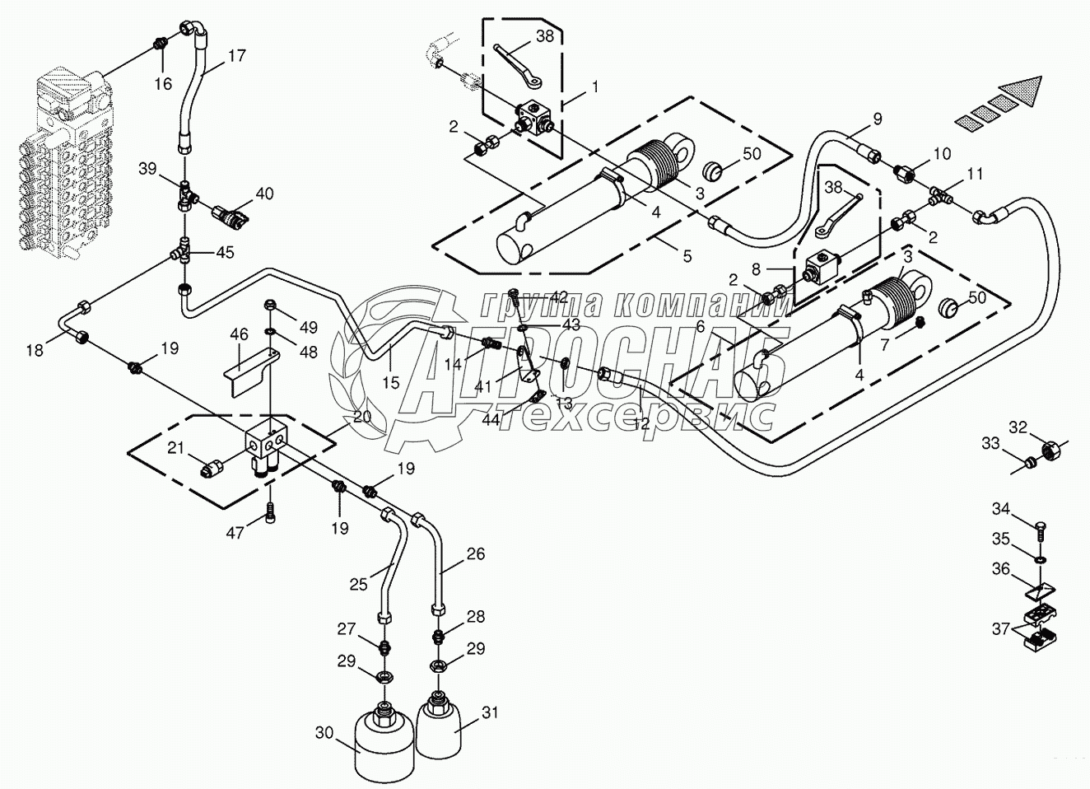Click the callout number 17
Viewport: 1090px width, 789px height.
tap(236, 56)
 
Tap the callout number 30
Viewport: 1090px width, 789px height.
tap(324, 733)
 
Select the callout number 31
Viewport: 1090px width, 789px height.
tap(490, 712)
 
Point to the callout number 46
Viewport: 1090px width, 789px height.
tap(239, 334)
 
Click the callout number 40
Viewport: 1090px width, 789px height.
tap(264, 194)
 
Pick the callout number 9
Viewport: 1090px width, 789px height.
tap(878, 119)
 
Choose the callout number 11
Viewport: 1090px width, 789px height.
tap(975, 174)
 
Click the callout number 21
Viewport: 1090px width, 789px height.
tap(175, 447)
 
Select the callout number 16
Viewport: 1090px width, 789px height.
tap(164, 84)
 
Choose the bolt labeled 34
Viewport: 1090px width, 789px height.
tap(1042, 533)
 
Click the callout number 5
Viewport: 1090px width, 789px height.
tap(687, 255)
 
